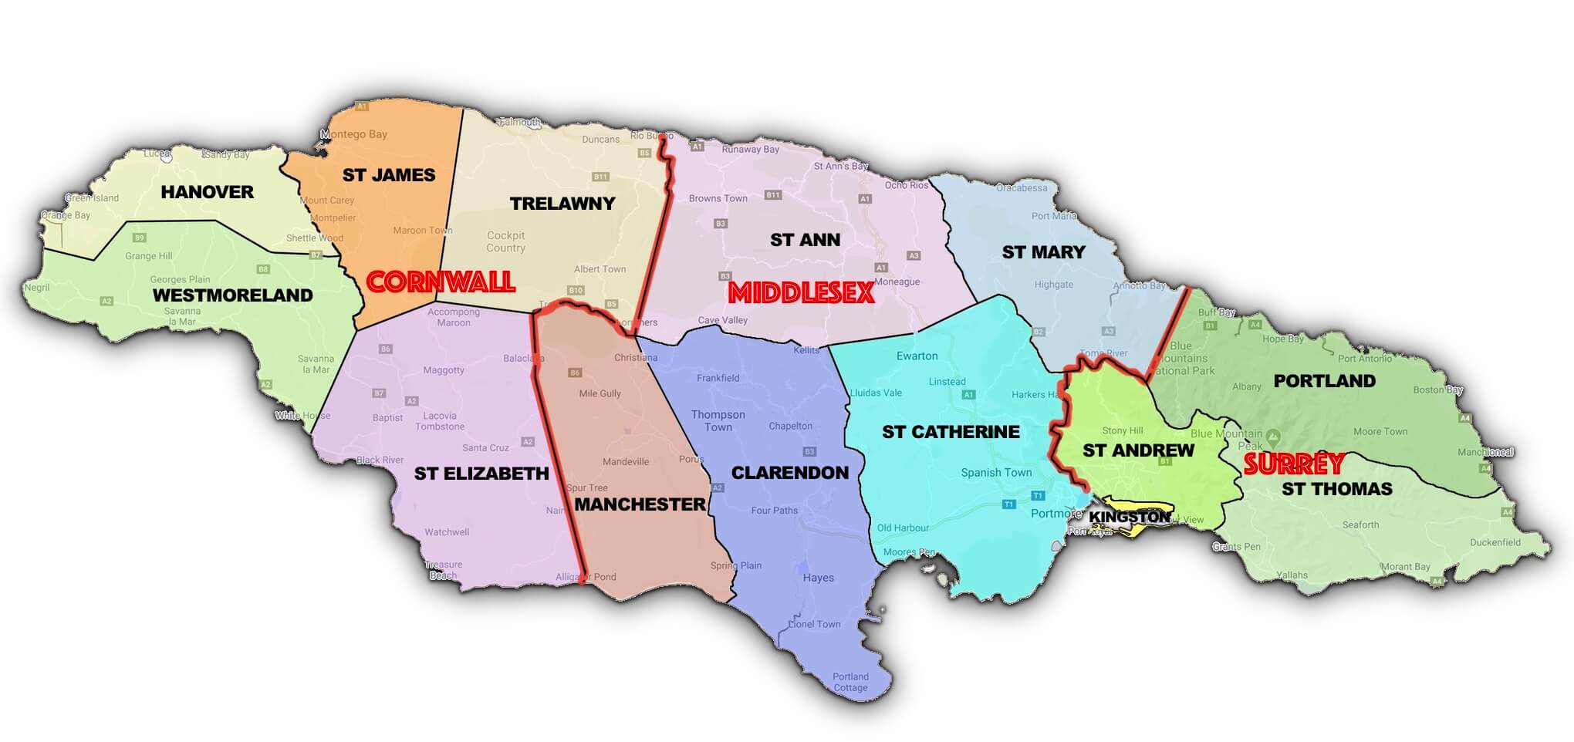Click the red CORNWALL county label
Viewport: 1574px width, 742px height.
(440, 282)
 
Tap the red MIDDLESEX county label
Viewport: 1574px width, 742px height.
(801, 292)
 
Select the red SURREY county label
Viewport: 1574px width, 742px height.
(1294, 464)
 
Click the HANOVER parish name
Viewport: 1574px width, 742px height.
(207, 192)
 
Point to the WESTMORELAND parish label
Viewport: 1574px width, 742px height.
(232, 295)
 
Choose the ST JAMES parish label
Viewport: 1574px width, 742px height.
(389, 175)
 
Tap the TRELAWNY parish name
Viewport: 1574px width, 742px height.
(562, 204)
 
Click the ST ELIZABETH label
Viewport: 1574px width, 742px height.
(481, 474)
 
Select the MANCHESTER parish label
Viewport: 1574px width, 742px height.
(640, 504)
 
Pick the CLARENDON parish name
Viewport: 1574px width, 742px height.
(789, 473)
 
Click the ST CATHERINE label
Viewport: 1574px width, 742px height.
(951, 432)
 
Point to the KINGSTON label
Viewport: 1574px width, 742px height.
(1129, 518)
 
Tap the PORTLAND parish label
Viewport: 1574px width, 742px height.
(1324, 381)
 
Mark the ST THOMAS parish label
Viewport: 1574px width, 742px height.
(1336, 489)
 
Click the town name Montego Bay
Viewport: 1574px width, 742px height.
(354, 134)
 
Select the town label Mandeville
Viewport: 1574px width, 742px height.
(626, 462)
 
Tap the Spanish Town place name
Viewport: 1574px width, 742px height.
(996, 473)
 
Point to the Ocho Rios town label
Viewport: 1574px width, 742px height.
(907, 185)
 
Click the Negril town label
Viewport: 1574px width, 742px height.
(37, 288)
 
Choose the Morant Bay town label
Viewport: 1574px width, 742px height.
(1405, 567)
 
